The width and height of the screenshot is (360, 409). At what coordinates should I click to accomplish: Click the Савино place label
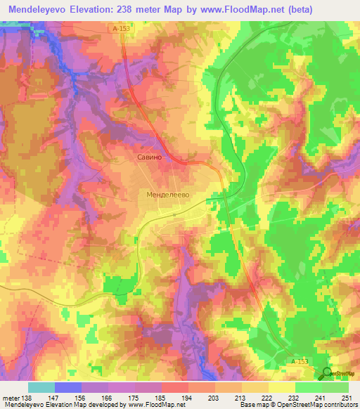[x=149, y=159]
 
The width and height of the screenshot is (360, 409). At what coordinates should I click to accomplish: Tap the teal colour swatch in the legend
[x=41, y=387]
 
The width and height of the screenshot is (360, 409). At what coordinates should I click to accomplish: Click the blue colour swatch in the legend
[x=67, y=387]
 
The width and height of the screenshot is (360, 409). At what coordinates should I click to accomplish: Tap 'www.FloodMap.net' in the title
[x=230, y=9]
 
